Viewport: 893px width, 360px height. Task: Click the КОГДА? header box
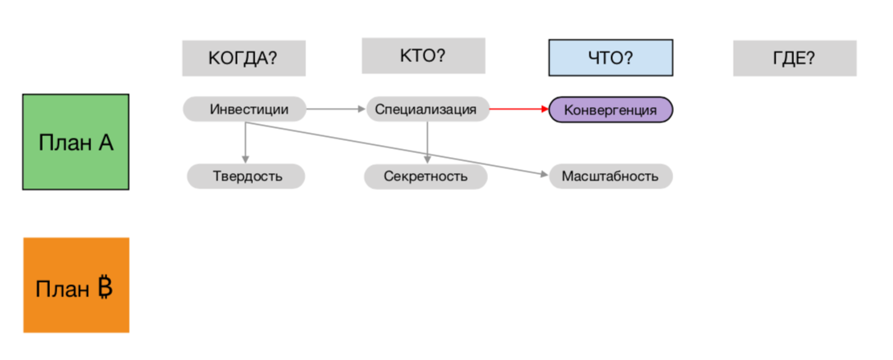click(244, 58)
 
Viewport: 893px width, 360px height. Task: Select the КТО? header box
click(423, 56)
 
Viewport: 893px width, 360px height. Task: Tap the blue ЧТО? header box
click(610, 58)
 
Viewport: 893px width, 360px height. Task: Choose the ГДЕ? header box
click(794, 58)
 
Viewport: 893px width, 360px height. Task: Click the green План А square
click(76, 143)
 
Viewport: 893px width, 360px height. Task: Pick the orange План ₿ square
click(76, 285)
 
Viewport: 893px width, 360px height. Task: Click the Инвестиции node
click(245, 109)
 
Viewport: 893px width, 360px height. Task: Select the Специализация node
click(428, 109)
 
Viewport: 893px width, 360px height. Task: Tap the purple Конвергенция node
click(610, 110)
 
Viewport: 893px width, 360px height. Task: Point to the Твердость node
click(246, 176)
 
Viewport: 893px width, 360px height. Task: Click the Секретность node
click(425, 176)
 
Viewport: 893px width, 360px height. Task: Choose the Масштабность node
click(610, 176)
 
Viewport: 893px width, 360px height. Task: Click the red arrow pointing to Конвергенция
click(519, 109)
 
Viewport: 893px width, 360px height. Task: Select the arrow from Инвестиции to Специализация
click(337, 109)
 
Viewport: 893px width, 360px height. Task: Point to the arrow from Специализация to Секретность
click(428, 143)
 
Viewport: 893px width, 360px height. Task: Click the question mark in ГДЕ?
click(810, 58)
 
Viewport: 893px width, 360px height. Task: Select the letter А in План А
click(105, 143)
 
